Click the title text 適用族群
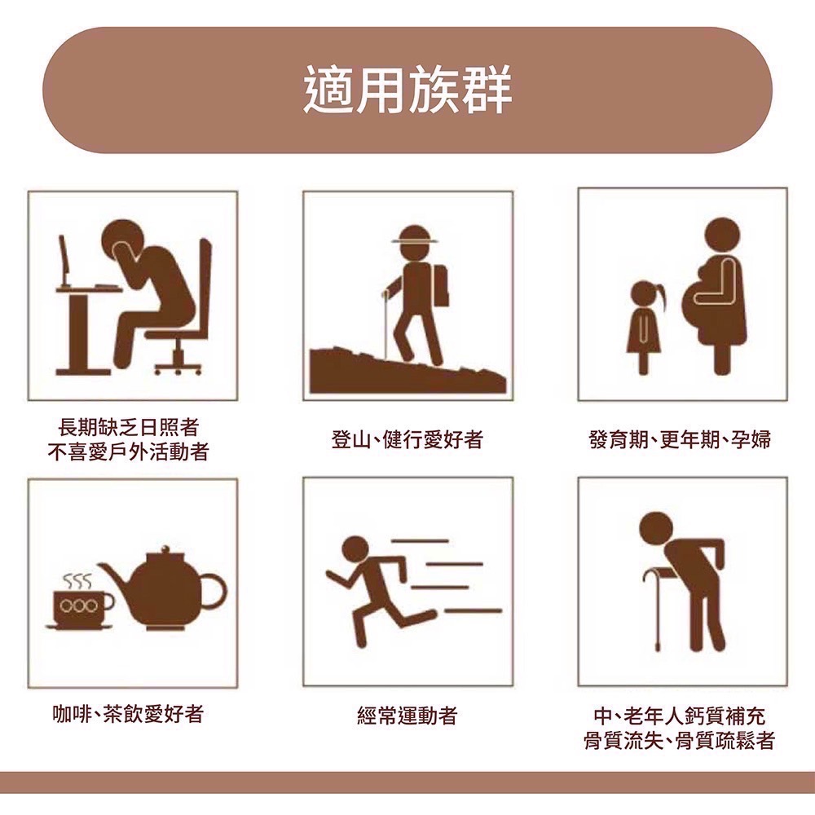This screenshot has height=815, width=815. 407,89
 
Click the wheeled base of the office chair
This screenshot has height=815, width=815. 177,364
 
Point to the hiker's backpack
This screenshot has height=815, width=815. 440,285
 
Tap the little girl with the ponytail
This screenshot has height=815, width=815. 644,322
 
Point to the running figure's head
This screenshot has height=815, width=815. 355,548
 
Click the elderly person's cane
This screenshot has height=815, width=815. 657,607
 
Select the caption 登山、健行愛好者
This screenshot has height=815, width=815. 407,440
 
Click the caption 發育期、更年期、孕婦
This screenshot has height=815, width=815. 680,440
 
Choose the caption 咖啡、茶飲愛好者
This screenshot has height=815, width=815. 128,715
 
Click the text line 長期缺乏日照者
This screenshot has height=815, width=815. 128,426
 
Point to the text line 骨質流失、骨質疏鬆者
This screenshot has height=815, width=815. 680,740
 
